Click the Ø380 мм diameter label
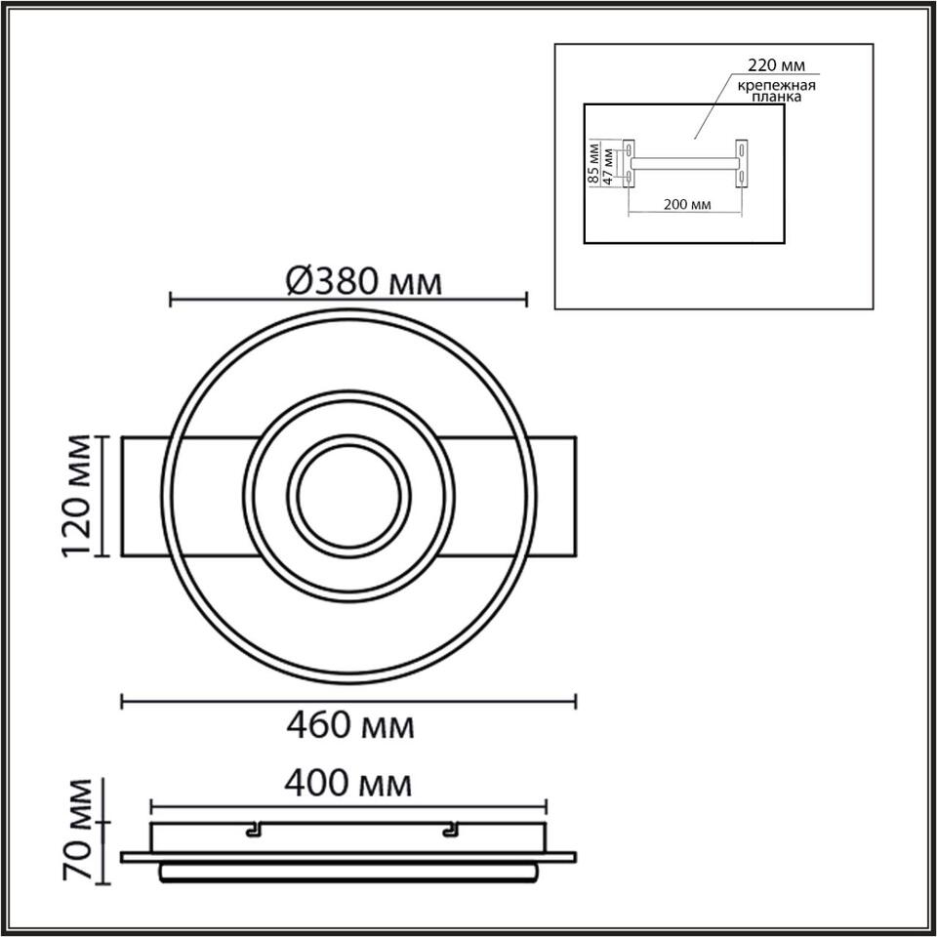[364, 281]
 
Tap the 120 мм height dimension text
[77, 496]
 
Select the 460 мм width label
[350, 726]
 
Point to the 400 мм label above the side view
[347, 784]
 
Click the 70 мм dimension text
[78, 830]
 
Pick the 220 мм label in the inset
[777, 64]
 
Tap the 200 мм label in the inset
[687, 204]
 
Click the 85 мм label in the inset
[593, 163]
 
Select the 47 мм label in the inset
[608, 166]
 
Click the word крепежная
[776, 86]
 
